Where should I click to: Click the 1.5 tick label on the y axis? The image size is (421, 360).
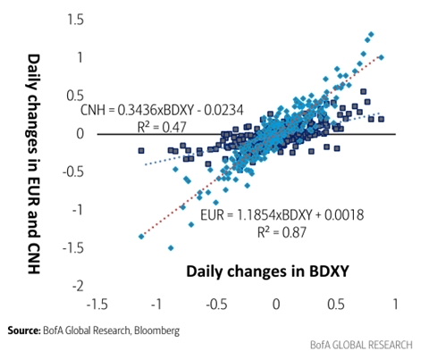coord(75,20)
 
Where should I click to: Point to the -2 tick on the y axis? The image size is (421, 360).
coord(78,286)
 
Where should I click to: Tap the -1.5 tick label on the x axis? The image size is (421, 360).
coord(97,305)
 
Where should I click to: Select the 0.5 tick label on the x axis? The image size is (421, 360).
coord(336,305)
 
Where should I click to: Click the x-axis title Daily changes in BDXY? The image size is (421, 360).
coord(267,272)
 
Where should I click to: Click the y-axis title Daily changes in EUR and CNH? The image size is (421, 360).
coord(34,163)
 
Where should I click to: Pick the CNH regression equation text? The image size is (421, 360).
coord(162,110)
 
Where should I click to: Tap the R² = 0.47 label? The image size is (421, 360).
coord(162,128)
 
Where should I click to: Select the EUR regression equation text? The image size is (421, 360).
coord(282,214)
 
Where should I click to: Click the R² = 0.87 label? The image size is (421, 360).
coord(282,232)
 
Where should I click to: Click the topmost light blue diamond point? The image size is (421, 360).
coord(371,35)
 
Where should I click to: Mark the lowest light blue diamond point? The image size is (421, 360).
coord(171,247)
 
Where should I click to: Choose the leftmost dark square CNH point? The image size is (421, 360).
coord(141,151)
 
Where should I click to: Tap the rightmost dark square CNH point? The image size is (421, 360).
coord(381,119)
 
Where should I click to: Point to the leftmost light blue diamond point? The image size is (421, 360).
coord(141,237)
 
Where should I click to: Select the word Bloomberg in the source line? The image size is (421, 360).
coord(156,331)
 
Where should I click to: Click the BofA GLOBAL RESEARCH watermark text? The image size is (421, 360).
coord(361,345)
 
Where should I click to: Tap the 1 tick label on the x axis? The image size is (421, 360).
coord(395,305)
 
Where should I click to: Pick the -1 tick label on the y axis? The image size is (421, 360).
coord(78,210)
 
